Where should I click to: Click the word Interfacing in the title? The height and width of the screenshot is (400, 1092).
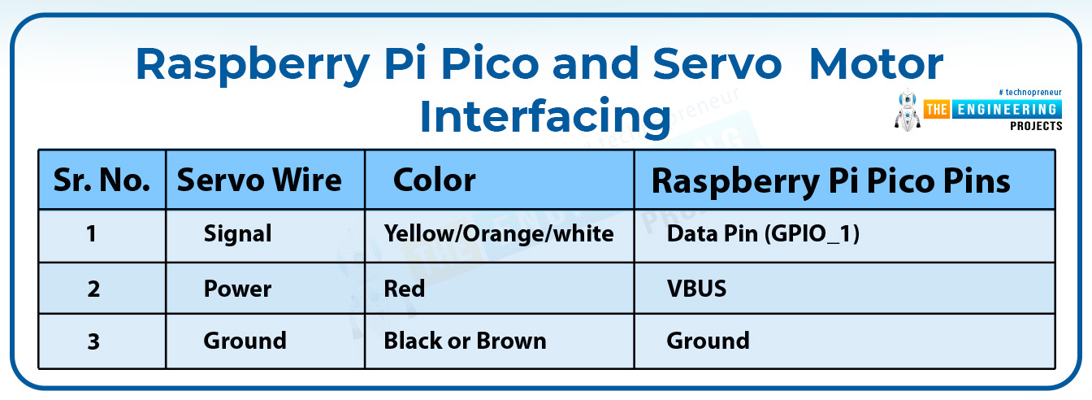coord(545,116)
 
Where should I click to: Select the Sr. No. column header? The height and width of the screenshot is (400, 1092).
coord(102,180)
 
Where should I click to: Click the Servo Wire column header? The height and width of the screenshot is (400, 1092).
coord(259,180)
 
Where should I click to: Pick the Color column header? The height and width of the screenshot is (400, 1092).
coord(435,180)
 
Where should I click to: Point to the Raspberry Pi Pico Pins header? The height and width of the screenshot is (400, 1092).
coord(830,181)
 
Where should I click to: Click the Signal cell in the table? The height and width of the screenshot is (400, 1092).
coord(237,233)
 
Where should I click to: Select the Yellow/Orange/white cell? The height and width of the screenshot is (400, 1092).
coord(499,233)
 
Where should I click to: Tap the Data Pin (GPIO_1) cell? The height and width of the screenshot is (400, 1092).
coord(763,233)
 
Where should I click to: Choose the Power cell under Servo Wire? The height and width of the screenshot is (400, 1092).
coord(237,289)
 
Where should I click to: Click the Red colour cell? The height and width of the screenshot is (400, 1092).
coord(404,289)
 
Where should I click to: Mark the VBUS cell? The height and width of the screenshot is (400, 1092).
coord(696,289)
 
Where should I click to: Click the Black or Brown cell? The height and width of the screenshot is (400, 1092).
coord(465,341)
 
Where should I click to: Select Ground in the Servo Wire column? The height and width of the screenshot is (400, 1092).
coord(245,341)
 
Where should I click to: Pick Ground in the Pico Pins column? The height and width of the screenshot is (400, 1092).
coord(708,341)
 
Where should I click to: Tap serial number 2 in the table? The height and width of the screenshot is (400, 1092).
coord(93,289)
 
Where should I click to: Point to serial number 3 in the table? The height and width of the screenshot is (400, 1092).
coord(93,341)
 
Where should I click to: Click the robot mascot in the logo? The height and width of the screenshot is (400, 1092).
coord(908,111)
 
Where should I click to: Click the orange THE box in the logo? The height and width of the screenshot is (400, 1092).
coord(937,109)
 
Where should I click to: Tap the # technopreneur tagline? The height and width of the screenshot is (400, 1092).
coord(1030,92)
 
